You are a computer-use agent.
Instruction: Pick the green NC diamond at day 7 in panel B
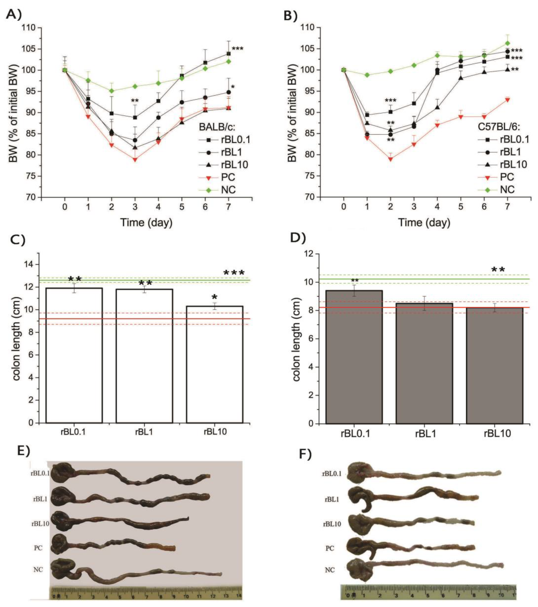coord(507,43)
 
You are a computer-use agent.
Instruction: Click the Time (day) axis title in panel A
coord(146,223)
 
